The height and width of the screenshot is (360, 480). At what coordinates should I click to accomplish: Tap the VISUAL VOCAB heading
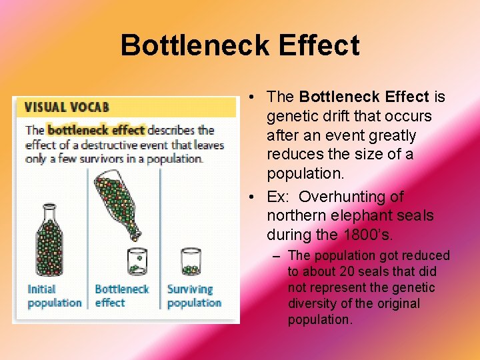click(x=67, y=107)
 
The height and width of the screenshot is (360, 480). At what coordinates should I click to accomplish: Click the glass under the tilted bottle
click(x=137, y=261)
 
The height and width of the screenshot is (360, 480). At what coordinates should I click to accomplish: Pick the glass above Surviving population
click(x=191, y=262)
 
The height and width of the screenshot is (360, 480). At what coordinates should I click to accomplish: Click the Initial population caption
click(x=53, y=295)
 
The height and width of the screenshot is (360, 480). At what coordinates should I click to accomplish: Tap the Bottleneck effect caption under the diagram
click(x=121, y=295)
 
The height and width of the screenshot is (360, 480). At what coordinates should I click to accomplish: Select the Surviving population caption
click(x=194, y=295)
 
